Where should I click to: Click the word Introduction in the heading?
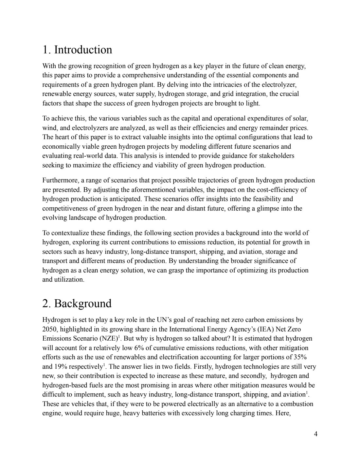point(83,50)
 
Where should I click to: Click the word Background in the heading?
point(82,304)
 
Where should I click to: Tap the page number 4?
point(315,434)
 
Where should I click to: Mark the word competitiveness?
point(65,208)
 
